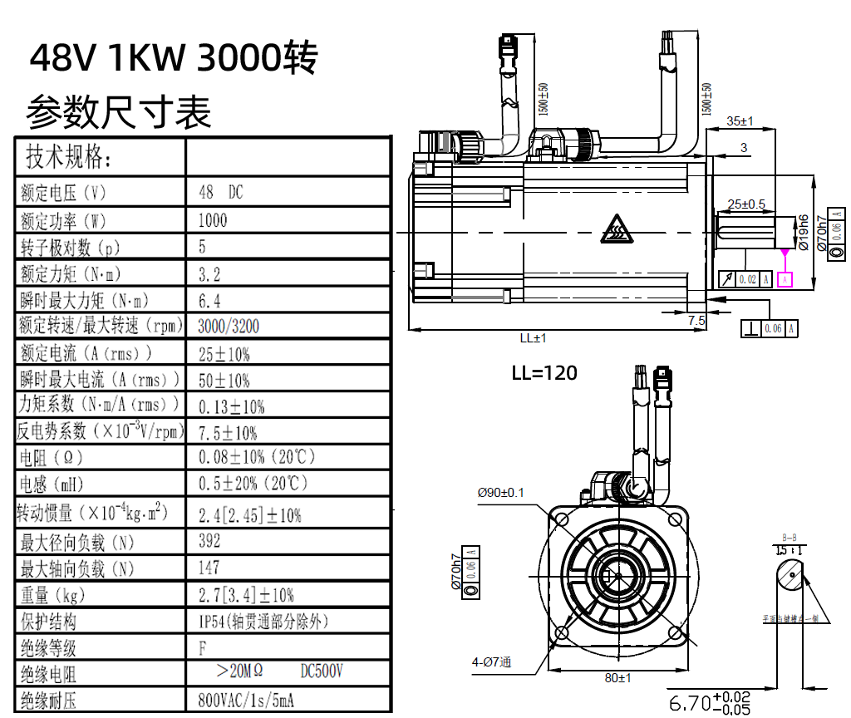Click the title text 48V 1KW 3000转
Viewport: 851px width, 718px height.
click(174, 57)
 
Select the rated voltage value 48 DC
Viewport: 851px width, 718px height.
click(221, 192)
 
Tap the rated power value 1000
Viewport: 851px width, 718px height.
click(213, 220)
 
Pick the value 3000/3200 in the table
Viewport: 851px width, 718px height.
click(229, 326)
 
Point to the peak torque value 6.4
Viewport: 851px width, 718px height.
click(209, 300)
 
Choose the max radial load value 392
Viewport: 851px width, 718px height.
click(210, 541)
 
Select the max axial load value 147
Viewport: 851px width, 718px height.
click(209, 568)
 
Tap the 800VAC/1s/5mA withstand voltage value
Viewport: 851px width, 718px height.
click(246, 701)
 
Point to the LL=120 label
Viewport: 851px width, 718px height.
click(544, 372)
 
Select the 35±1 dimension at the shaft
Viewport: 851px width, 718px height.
click(739, 120)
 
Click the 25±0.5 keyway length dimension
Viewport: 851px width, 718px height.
click(745, 204)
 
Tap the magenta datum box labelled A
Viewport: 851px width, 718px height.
click(785, 279)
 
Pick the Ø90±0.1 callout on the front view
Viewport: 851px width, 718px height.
click(500, 492)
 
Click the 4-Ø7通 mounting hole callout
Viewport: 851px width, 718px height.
click(491, 661)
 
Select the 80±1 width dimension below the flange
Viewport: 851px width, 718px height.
click(617, 677)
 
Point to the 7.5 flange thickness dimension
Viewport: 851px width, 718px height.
click(696, 319)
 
